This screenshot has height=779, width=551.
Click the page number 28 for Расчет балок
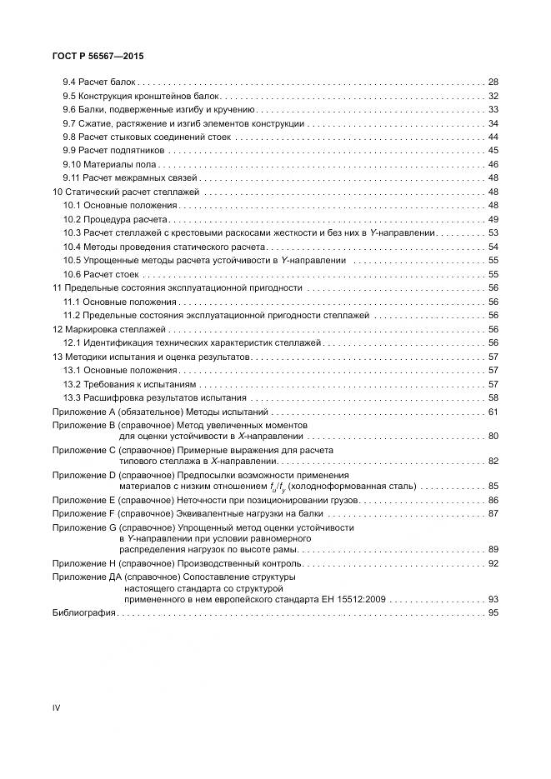pos(493,82)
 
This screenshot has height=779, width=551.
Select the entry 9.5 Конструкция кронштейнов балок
pos(141,96)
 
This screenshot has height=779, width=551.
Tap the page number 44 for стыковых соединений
pos(493,137)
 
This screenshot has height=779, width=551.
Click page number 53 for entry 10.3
pos(493,232)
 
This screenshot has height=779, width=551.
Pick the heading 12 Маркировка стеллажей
pos(108,330)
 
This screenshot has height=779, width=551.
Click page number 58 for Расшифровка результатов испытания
pos(493,397)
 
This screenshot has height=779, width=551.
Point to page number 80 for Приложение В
pos(493,436)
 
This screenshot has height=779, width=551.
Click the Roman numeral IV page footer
pos(57,707)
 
